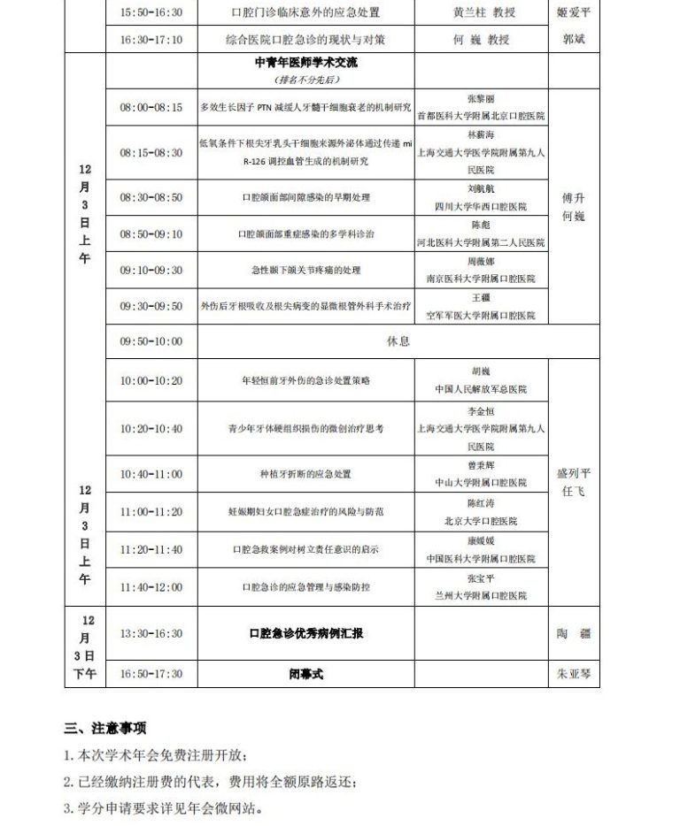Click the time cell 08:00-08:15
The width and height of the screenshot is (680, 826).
click(x=151, y=107)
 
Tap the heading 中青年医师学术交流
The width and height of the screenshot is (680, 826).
click(x=305, y=64)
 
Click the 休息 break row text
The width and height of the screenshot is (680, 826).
click(x=398, y=341)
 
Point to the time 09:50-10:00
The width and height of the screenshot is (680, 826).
click(x=151, y=341)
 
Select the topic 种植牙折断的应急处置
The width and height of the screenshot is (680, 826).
click(x=305, y=474)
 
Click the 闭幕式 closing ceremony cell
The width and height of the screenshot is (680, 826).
click(x=305, y=674)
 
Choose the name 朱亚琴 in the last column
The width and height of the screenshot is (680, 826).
click(x=574, y=674)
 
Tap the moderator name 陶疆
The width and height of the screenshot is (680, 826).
click(x=574, y=633)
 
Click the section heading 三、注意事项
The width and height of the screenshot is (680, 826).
click(x=105, y=729)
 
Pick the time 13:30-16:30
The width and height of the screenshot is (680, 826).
click(x=151, y=633)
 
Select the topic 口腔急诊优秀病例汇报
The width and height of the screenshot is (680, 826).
click(x=305, y=633)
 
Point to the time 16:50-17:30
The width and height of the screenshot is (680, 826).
click(x=151, y=674)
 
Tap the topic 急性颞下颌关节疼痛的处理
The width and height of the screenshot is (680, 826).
click(x=305, y=270)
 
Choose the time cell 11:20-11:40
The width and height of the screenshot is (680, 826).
click(x=151, y=549)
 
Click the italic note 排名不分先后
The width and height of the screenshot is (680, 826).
click(x=305, y=79)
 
